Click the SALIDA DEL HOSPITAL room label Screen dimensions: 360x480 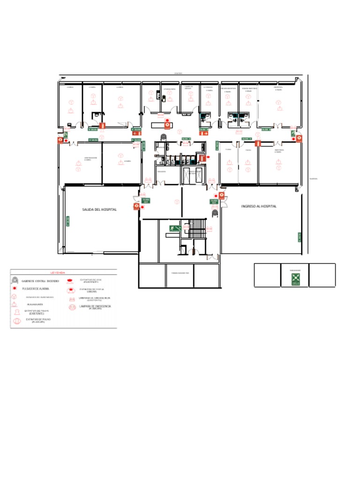coord(99,210)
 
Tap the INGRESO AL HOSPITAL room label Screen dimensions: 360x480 coord(259,206)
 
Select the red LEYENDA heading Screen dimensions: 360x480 coord(58,272)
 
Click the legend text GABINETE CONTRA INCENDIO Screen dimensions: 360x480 coord(40,281)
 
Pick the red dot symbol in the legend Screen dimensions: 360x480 coord(15,289)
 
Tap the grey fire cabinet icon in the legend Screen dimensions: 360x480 coord(15,281)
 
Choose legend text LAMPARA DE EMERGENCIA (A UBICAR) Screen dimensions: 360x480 coord(95,307)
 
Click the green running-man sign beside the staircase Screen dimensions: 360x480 coord(176,228)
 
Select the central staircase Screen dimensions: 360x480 coord(197,228)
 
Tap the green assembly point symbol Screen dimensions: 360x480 coord(295,278)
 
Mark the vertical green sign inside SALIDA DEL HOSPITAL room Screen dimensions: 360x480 coord(67,221)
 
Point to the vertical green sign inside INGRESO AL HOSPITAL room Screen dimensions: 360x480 coord(299,237)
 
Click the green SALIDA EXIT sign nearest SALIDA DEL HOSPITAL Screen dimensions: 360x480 coord(146,200)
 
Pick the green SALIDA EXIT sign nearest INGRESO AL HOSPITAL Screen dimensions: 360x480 coord(214,202)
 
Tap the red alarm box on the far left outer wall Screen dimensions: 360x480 coord(60,140)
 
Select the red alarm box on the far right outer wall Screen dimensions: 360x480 coord(299,139)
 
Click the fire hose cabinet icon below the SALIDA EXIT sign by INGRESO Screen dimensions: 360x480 coord(215,213)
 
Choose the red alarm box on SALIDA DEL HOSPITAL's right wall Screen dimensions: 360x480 coord(136,206)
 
